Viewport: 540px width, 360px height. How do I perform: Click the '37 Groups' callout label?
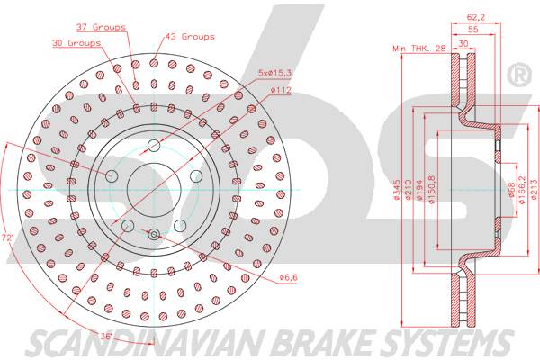pos(101,27)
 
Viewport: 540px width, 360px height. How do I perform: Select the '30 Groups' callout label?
pos(76,43)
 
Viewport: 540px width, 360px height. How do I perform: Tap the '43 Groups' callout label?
pos(190,37)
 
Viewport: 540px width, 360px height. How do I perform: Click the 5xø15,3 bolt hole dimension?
pos(274,73)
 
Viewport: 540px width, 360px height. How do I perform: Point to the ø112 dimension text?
pos(281,90)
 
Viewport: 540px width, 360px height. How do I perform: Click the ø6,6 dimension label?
pos(289,276)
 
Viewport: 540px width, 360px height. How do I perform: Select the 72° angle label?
pos(7,238)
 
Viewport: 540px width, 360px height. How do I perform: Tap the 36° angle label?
pos(107,336)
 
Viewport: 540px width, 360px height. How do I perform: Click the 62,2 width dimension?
pos(475,16)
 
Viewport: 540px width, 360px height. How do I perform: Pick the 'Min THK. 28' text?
pos(419,49)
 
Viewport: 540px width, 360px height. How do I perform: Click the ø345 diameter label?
pos(396,190)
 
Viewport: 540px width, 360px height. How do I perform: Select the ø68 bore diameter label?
pos(511,190)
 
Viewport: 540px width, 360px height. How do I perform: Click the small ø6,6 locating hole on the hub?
pos(154,235)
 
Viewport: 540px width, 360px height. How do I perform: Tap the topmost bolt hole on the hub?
pos(154,146)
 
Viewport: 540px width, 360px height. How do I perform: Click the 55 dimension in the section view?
pos(473,30)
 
